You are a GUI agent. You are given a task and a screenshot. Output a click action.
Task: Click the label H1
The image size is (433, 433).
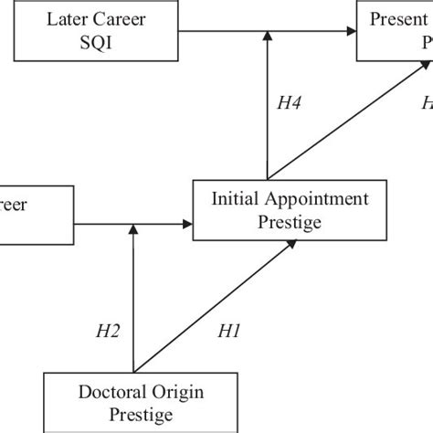227,334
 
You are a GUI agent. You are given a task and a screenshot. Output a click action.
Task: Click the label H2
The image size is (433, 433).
109,334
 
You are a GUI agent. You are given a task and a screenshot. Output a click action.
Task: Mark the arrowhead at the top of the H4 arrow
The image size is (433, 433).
267,35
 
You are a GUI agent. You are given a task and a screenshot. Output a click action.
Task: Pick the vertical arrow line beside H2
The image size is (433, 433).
133,301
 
